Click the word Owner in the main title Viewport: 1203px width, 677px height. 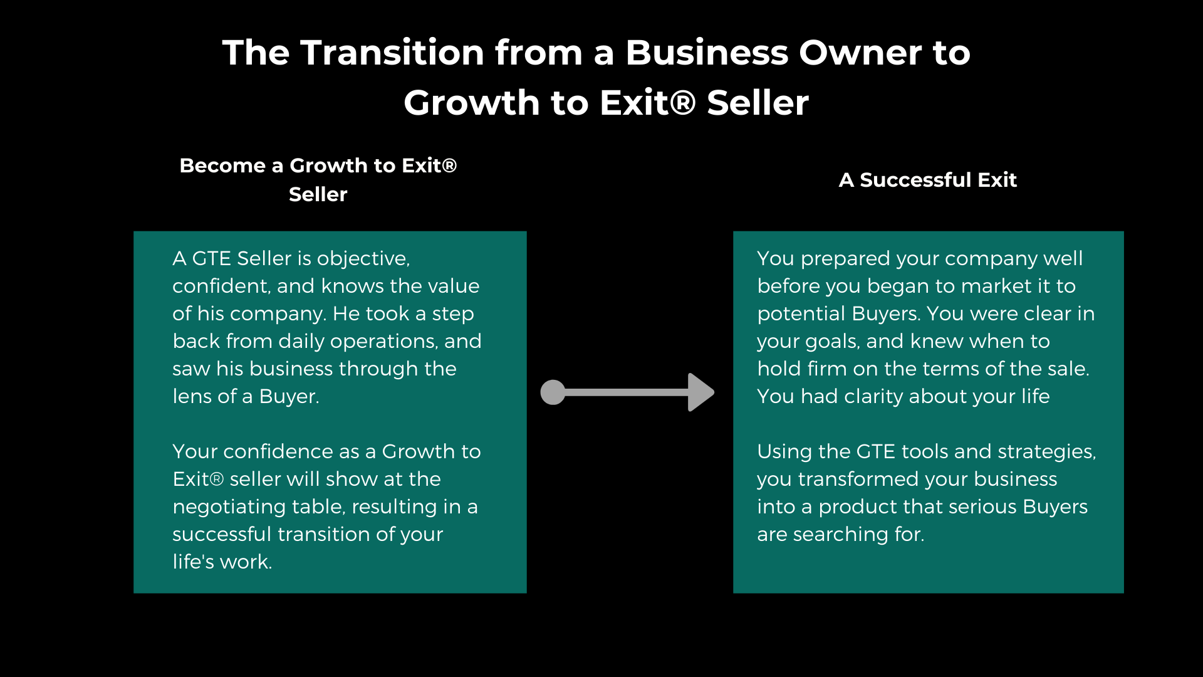click(x=855, y=52)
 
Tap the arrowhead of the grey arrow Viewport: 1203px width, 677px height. click(x=701, y=392)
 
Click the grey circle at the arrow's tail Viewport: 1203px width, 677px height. click(x=553, y=392)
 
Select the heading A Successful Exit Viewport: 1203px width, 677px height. click(x=927, y=180)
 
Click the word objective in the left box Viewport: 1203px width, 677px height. click(x=363, y=259)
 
